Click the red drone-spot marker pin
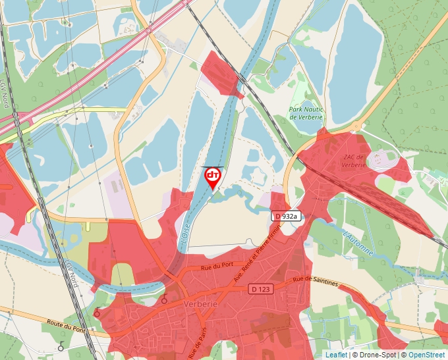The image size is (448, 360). click(213, 176)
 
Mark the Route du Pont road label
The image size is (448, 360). click(65, 325)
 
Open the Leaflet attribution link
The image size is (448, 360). click(336, 355)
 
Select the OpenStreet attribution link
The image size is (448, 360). click(426, 355)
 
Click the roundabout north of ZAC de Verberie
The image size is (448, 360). click(356, 126)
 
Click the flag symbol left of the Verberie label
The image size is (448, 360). click(163, 300)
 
